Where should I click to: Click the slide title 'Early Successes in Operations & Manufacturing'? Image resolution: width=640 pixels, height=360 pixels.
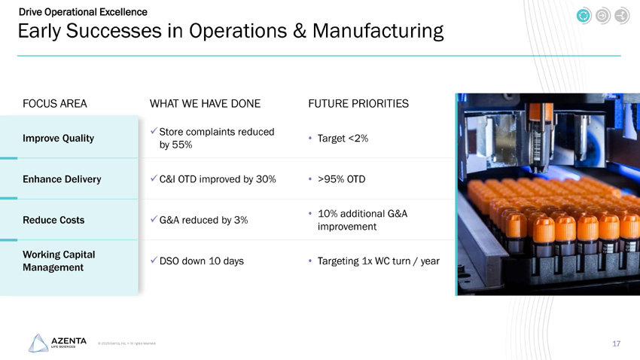[x=230, y=32]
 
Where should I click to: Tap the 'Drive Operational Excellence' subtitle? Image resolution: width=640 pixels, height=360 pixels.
[x=83, y=12]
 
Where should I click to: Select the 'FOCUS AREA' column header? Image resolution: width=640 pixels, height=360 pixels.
[x=55, y=103]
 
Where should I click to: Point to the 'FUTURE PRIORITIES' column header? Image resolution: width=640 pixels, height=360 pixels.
[x=358, y=103]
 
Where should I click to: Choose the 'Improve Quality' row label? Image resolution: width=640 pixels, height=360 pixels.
[x=58, y=139]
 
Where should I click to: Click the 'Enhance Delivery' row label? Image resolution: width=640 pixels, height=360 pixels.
[x=62, y=179]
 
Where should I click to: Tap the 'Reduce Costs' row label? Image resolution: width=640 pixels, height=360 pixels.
[x=53, y=220]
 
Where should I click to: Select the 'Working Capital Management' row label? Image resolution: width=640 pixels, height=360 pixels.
[x=58, y=261]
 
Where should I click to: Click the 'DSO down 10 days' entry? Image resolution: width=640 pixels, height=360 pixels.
[x=202, y=261]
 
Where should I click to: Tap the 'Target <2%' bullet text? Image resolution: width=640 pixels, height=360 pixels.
[x=343, y=139]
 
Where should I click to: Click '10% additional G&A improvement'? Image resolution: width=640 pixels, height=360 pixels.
[x=362, y=220]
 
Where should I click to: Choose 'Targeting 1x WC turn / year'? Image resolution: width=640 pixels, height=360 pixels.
[x=379, y=261]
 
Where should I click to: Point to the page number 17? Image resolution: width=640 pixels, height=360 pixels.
[x=616, y=343]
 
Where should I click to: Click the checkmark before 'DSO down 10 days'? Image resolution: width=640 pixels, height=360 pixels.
[x=154, y=261]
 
